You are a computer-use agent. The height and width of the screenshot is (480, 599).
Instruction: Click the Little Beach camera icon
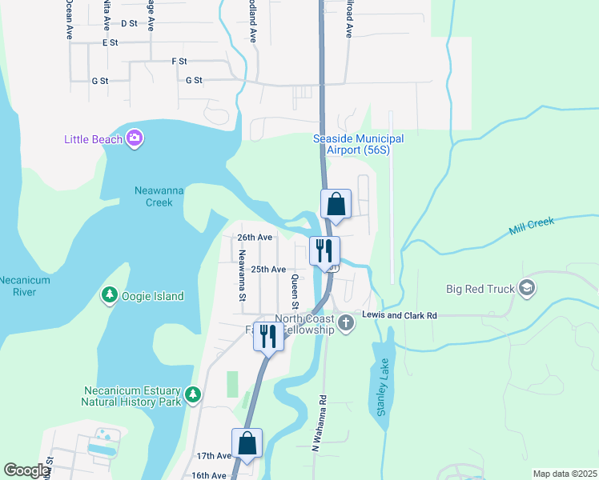point(134,139)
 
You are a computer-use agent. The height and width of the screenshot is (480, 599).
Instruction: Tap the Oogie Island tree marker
point(109,296)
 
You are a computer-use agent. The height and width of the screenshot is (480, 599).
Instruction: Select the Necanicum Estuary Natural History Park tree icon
point(192,394)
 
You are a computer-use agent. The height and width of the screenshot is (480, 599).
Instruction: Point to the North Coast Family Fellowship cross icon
point(346,323)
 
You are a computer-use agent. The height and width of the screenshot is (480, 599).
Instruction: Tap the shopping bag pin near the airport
point(336,205)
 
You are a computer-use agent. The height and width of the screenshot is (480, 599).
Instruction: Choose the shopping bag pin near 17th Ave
point(247,444)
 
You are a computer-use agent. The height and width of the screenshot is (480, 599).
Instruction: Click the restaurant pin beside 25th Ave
point(324,250)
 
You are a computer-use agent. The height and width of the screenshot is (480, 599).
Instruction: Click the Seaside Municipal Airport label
point(358,144)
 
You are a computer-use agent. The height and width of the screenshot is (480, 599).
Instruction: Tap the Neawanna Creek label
point(148,196)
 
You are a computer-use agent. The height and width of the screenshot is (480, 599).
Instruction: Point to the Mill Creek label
point(533,226)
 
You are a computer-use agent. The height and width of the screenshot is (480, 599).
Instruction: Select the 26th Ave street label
point(255,238)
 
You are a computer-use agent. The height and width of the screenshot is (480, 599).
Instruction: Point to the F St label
point(179,61)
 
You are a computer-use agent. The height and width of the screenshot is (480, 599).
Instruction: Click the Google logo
point(26,470)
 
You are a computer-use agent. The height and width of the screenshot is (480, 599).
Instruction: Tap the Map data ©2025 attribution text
point(564,474)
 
